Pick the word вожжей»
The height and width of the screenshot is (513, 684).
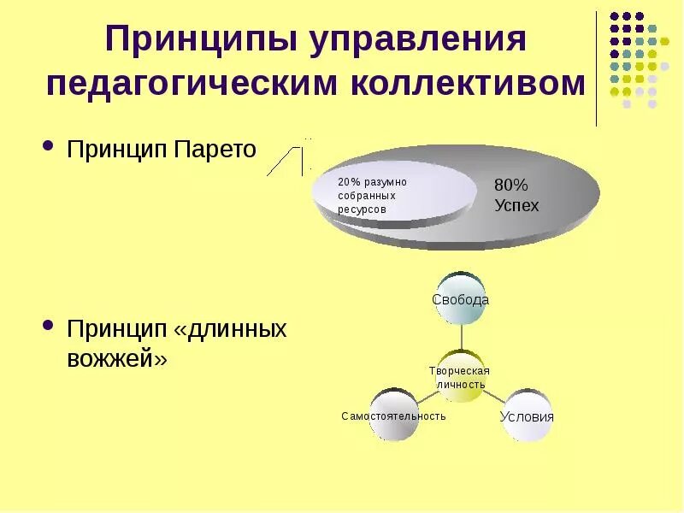pyautogui.click(x=117, y=358)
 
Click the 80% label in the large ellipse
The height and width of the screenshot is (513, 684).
pyautogui.click(x=512, y=186)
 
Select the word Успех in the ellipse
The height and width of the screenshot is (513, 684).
pyautogui.click(x=516, y=205)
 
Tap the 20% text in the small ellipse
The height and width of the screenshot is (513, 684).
pyautogui.click(x=350, y=182)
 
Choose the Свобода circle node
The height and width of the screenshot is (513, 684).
pyautogui.click(x=460, y=299)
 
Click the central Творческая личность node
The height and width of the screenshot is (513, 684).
pyautogui.click(x=460, y=376)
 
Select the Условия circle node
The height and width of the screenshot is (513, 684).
pyautogui.click(x=526, y=416)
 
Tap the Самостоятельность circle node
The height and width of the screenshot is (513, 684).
pyautogui.click(x=394, y=416)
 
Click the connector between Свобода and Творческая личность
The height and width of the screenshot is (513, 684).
pyautogui.click(x=460, y=338)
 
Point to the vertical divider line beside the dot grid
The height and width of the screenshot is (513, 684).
pyautogui.click(x=597, y=68)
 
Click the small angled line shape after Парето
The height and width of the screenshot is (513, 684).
pyautogui.click(x=286, y=158)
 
